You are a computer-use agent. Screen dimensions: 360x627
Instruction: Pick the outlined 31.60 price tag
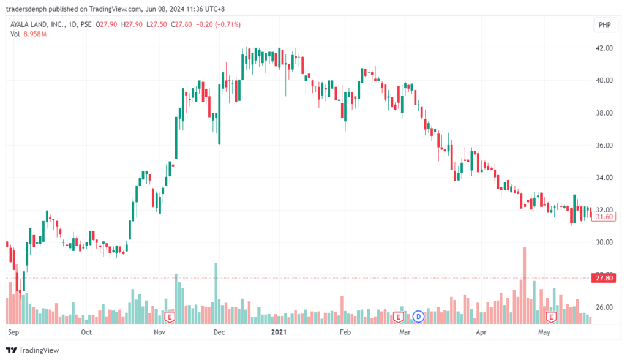click(x=604, y=217)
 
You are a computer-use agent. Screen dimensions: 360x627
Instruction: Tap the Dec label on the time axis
click(x=219, y=332)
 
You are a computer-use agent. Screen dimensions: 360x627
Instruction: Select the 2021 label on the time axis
click(x=279, y=332)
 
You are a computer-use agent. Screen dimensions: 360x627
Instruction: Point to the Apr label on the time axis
click(x=481, y=332)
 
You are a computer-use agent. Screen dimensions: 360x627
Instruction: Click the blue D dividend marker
click(x=419, y=317)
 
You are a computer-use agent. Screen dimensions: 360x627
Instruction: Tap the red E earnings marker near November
click(x=171, y=317)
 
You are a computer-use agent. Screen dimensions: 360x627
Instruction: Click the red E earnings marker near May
click(x=551, y=317)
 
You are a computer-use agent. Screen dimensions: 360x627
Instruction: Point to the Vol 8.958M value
click(x=36, y=34)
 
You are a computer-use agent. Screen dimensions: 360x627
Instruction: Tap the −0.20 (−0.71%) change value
click(x=223, y=24)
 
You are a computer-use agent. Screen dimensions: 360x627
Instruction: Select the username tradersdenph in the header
click(x=27, y=8)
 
